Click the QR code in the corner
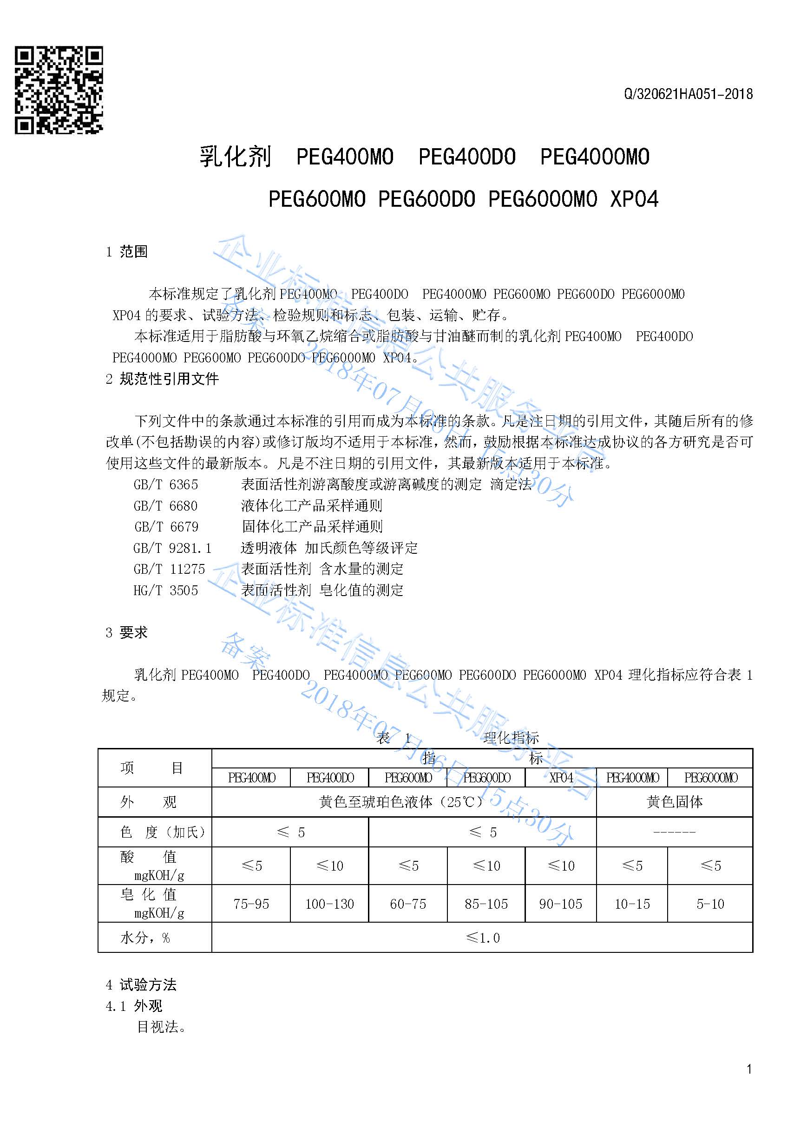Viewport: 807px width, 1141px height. tap(59, 90)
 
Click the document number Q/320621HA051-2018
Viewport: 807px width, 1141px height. tap(688, 94)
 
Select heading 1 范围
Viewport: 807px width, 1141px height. tap(127, 252)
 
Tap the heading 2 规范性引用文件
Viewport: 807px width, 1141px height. tap(162, 379)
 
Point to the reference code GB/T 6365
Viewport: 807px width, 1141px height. tap(165, 485)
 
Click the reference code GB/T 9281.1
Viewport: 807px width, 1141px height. tap(172, 548)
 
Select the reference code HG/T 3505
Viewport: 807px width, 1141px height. tap(165, 590)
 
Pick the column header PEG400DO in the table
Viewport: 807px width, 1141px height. tap(330, 778)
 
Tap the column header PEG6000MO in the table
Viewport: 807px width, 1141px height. tap(711, 778)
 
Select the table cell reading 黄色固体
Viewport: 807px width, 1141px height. tap(674, 802)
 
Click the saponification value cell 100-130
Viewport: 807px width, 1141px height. tap(329, 904)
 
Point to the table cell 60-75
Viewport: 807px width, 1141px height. tap(408, 904)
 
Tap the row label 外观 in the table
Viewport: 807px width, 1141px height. tap(148, 802)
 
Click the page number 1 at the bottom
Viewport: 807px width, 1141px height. tap(749, 1069)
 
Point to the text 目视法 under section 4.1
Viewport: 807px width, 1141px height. tap(161, 1027)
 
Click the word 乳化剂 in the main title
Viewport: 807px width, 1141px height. tap(235, 157)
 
